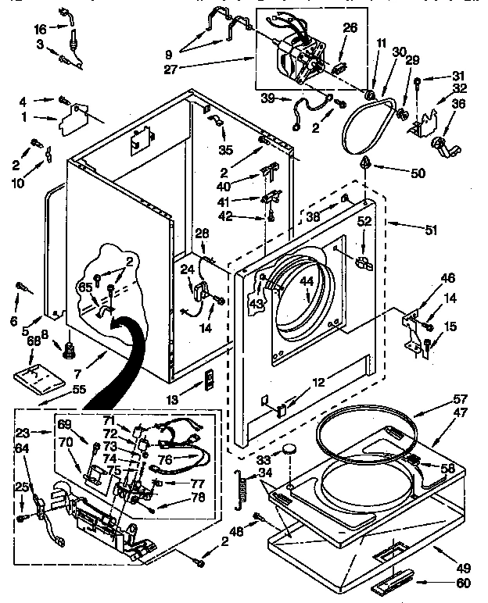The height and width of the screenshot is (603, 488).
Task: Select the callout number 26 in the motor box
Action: pyautogui.click(x=350, y=28)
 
